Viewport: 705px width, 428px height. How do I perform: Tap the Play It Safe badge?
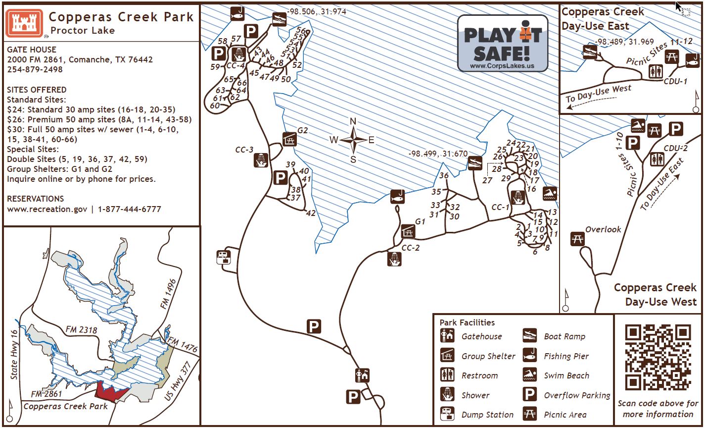point(502,43)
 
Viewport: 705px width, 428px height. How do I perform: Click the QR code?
point(658,357)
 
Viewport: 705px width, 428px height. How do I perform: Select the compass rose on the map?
point(353,139)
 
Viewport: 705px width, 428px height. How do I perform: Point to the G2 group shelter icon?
point(290,139)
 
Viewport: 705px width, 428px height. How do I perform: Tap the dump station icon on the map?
point(224,257)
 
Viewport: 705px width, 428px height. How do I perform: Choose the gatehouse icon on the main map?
point(362,375)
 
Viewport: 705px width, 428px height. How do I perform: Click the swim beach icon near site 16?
point(550,194)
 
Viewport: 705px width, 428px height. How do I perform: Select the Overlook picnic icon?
point(577,239)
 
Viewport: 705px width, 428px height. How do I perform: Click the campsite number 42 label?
point(311,214)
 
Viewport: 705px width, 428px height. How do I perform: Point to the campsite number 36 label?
point(444,175)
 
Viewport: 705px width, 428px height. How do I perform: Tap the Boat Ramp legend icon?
point(530,336)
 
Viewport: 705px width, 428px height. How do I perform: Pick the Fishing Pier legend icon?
point(530,356)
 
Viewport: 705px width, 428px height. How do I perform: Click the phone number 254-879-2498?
point(35,69)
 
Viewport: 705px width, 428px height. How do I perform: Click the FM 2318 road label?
point(81,330)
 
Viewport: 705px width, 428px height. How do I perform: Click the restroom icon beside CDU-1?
point(656,72)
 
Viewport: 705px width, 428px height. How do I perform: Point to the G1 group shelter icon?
point(408,231)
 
